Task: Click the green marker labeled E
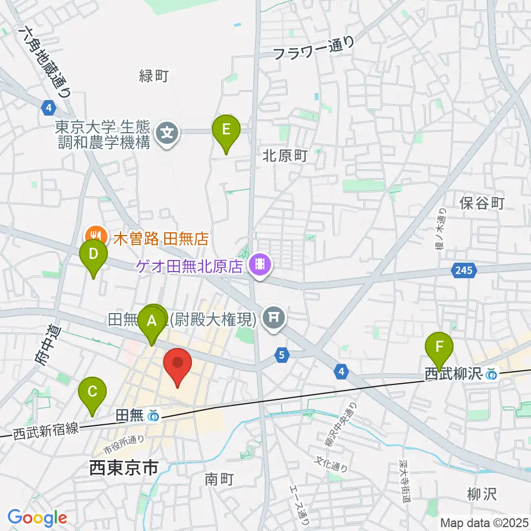pyautogui.click(x=226, y=131)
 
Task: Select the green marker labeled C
pyautogui.click(x=92, y=393)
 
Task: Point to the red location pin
pyautogui.click(x=178, y=365)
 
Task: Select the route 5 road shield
pyautogui.click(x=282, y=355)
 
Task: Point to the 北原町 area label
pyautogui.click(x=284, y=157)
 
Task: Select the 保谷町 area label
pyautogui.click(x=482, y=204)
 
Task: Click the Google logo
pyautogui.click(x=37, y=517)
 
